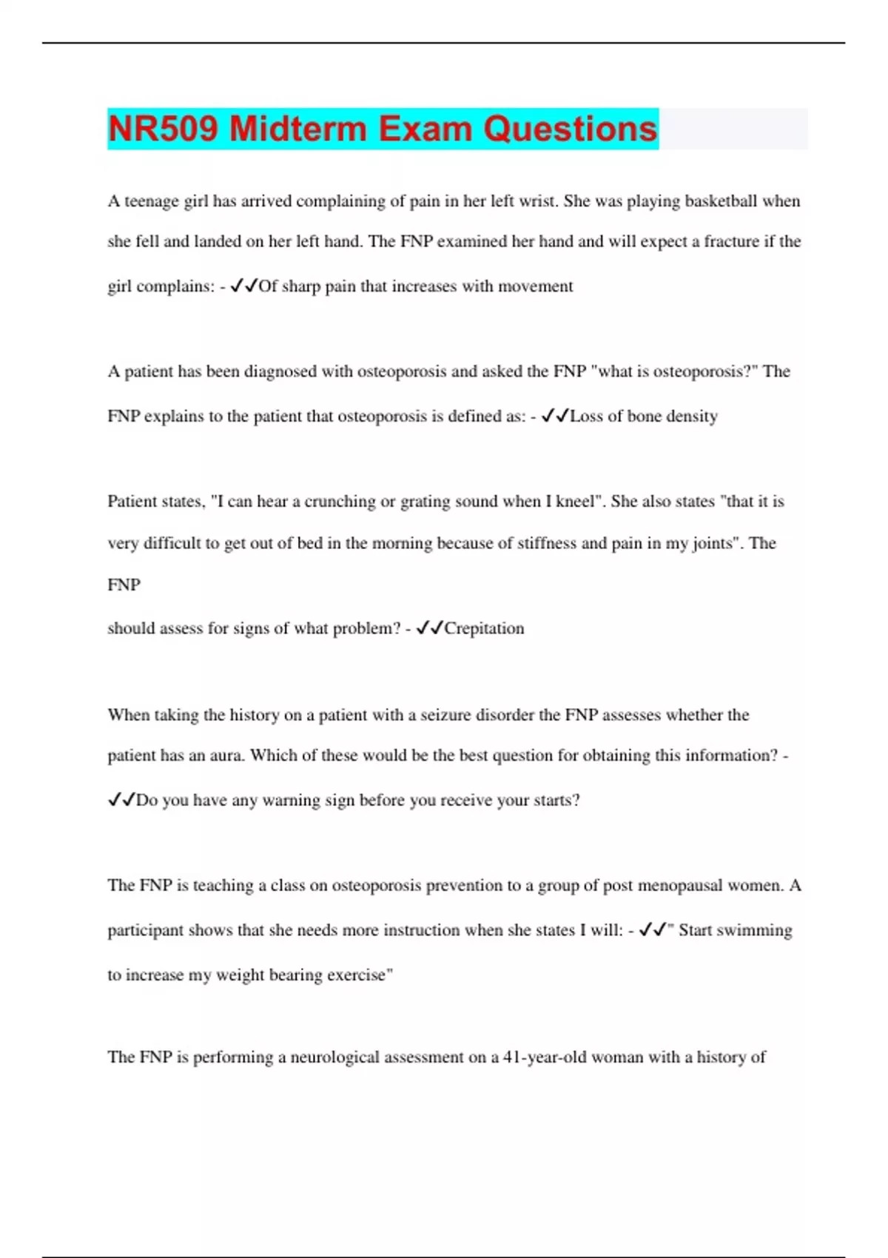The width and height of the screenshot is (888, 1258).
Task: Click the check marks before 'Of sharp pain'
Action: coord(243,286)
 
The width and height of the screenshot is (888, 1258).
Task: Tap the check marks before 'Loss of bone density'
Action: coord(555,416)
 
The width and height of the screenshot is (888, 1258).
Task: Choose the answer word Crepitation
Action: coord(484,628)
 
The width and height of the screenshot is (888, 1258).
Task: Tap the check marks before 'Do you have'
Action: coord(121,800)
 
